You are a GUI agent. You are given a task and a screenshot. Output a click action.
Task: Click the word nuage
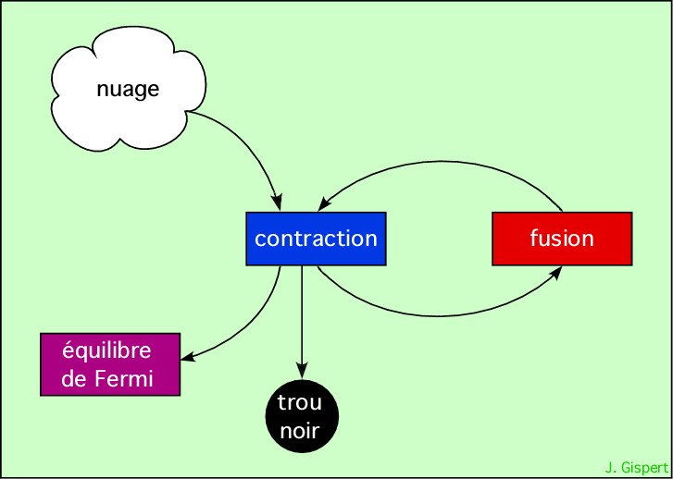(128, 89)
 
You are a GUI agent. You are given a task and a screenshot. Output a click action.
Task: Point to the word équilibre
(106, 351)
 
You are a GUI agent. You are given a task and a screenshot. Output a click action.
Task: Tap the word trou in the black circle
(300, 403)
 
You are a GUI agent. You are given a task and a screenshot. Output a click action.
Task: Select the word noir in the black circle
(300, 430)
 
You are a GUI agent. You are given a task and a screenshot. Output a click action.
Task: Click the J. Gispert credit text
(636, 468)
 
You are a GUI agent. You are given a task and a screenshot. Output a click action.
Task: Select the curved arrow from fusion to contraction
(444, 164)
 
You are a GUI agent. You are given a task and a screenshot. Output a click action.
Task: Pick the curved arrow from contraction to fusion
(435, 315)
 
